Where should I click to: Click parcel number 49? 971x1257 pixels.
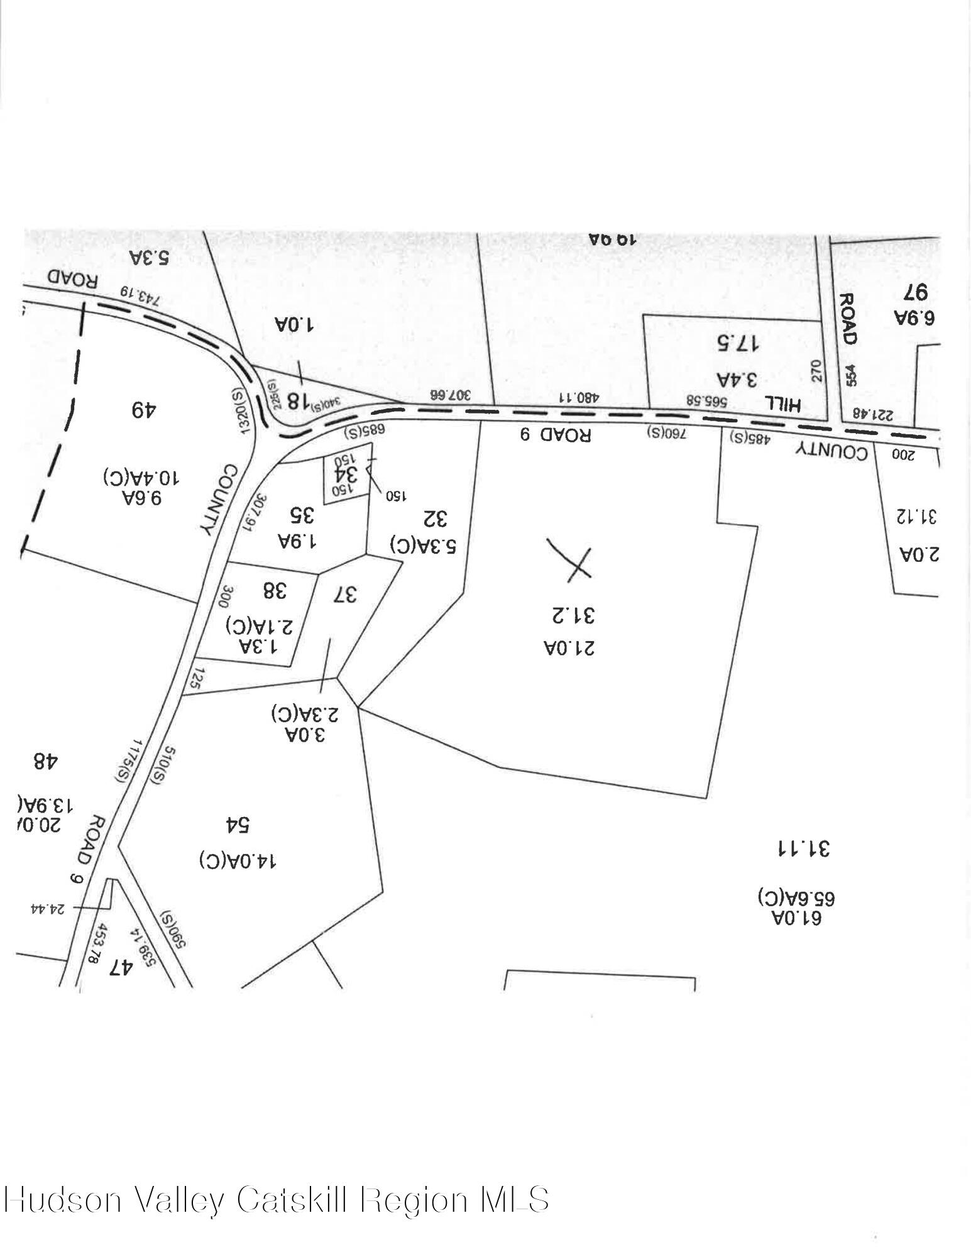(x=144, y=410)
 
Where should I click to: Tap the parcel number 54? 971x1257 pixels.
(x=238, y=825)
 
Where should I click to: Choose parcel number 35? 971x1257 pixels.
(x=301, y=515)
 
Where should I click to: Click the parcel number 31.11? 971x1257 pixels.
(x=803, y=848)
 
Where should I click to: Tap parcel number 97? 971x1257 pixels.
(x=916, y=293)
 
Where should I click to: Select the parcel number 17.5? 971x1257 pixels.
(x=738, y=343)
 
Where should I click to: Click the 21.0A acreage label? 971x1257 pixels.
(x=569, y=647)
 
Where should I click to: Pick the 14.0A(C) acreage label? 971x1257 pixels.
(x=238, y=860)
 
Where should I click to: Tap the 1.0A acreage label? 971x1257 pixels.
(x=294, y=325)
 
